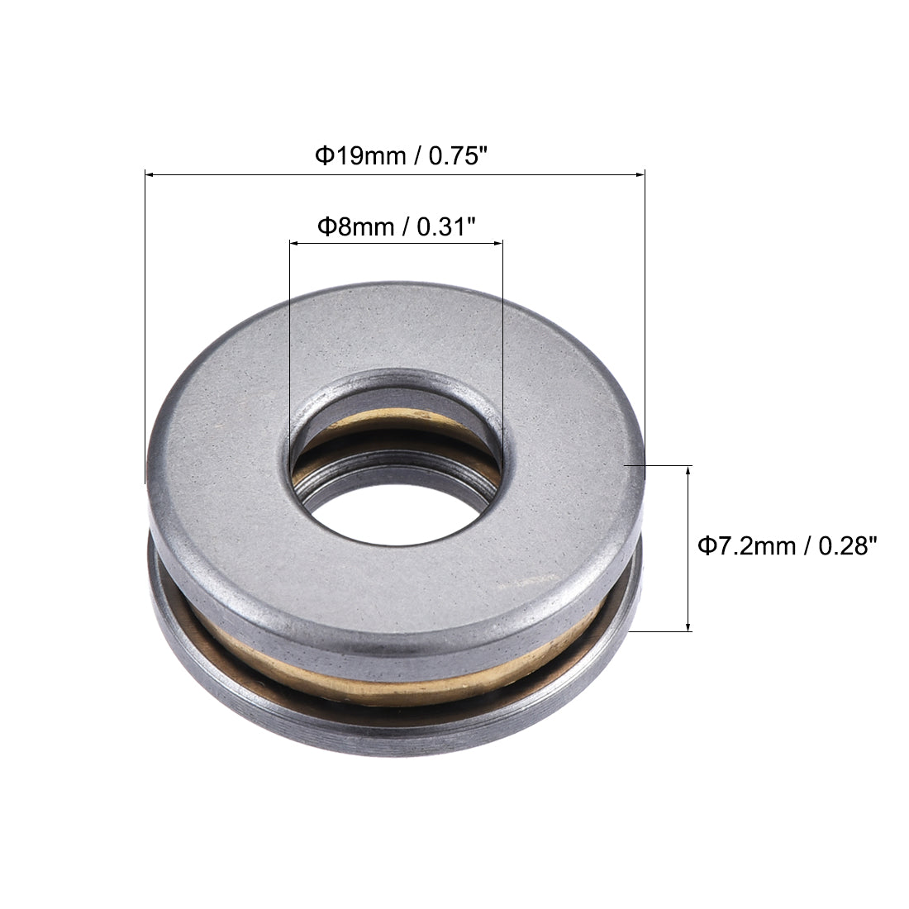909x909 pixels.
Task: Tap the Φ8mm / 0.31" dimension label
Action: tap(396, 226)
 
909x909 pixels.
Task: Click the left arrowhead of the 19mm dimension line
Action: tap(150, 174)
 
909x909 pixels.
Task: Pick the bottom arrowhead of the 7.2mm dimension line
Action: tap(688, 627)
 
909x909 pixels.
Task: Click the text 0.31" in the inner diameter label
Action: tap(446, 226)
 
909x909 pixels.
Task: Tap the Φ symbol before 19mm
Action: tap(324, 155)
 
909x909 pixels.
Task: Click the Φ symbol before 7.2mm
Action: tap(707, 545)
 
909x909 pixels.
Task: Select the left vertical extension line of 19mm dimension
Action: tap(145, 331)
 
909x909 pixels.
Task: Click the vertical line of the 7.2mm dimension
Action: tap(688, 550)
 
